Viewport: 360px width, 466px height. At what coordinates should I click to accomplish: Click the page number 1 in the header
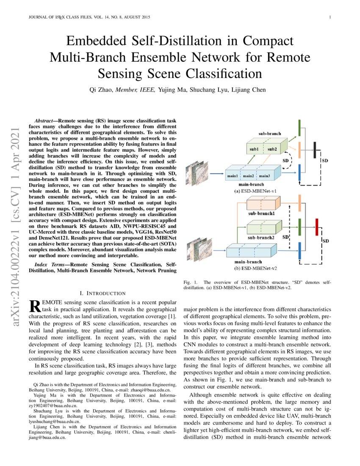(329, 17)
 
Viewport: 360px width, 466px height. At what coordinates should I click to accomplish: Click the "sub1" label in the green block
(254, 149)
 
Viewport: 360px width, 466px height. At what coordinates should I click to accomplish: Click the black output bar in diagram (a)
(315, 150)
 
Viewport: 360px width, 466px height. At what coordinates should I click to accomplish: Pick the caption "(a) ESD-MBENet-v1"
(255, 191)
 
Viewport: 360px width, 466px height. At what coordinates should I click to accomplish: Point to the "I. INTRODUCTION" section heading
(102, 293)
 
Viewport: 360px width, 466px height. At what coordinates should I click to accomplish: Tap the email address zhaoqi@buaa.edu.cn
(150, 390)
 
